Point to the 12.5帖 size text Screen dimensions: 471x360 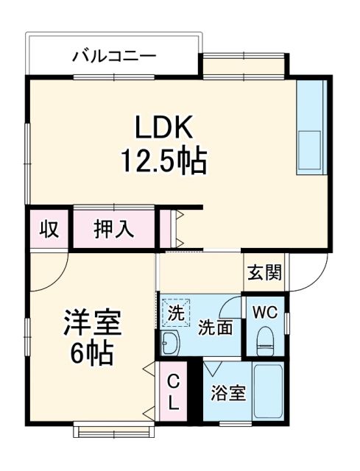163,160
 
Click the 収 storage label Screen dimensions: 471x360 49,229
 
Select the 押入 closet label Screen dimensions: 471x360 113,229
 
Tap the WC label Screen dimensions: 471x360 265,312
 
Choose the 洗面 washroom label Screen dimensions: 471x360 216,328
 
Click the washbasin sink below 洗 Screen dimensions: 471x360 171,344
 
